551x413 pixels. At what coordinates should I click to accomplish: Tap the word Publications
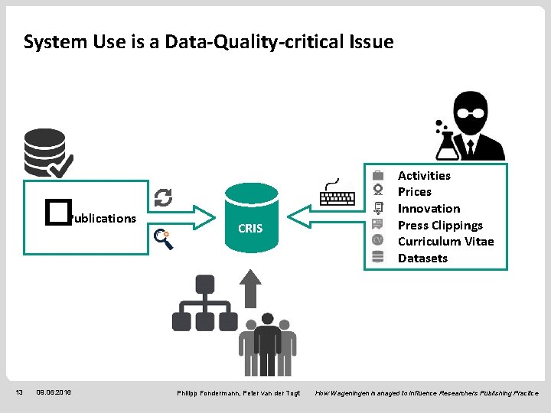point(102,219)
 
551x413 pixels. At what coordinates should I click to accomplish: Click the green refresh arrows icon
point(163,198)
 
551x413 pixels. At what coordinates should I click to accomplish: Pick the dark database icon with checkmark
point(47,153)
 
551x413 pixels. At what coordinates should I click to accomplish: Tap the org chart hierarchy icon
point(204,304)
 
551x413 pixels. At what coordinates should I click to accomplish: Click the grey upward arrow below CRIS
point(250,287)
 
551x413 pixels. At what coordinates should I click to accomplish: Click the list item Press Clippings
point(440,225)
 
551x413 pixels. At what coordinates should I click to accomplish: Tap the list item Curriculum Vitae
point(445,242)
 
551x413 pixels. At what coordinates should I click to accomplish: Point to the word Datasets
point(422,259)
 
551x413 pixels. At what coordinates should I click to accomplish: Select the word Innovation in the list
point(429,208)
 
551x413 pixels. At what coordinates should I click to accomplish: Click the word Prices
point(414,192)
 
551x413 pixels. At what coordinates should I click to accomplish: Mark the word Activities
point(424,175)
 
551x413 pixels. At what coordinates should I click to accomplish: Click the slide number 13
point(21,392)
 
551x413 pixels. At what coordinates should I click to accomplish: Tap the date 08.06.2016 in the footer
point(54,392)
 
